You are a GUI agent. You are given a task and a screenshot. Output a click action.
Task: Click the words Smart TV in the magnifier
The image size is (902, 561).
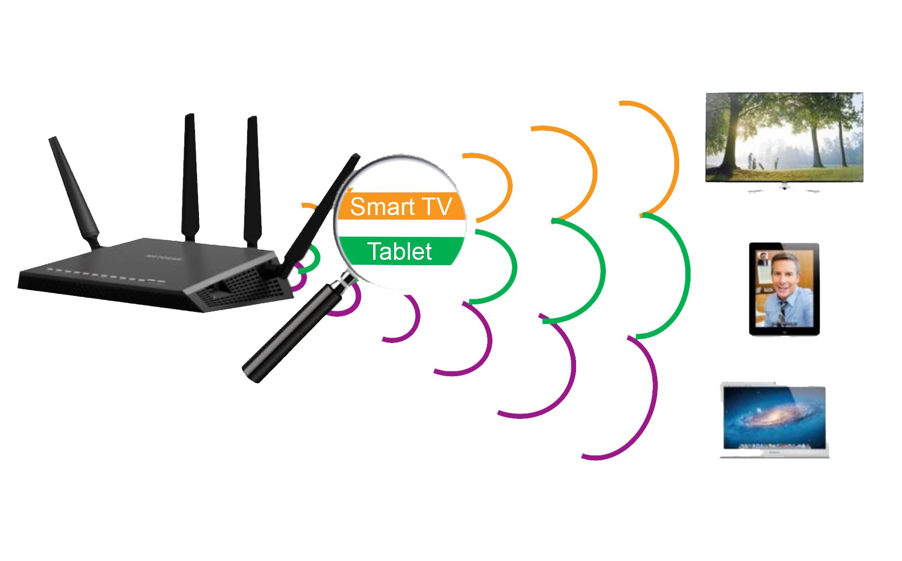(400, 207)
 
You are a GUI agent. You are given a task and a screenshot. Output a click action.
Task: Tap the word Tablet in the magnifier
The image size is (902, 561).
(399, 252)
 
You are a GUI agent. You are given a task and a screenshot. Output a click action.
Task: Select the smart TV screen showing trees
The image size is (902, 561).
(784, 137)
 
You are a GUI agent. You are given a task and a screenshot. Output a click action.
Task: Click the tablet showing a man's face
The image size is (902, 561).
(784, 289)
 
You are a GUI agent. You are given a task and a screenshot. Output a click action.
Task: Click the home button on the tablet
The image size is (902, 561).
(784, 331)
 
